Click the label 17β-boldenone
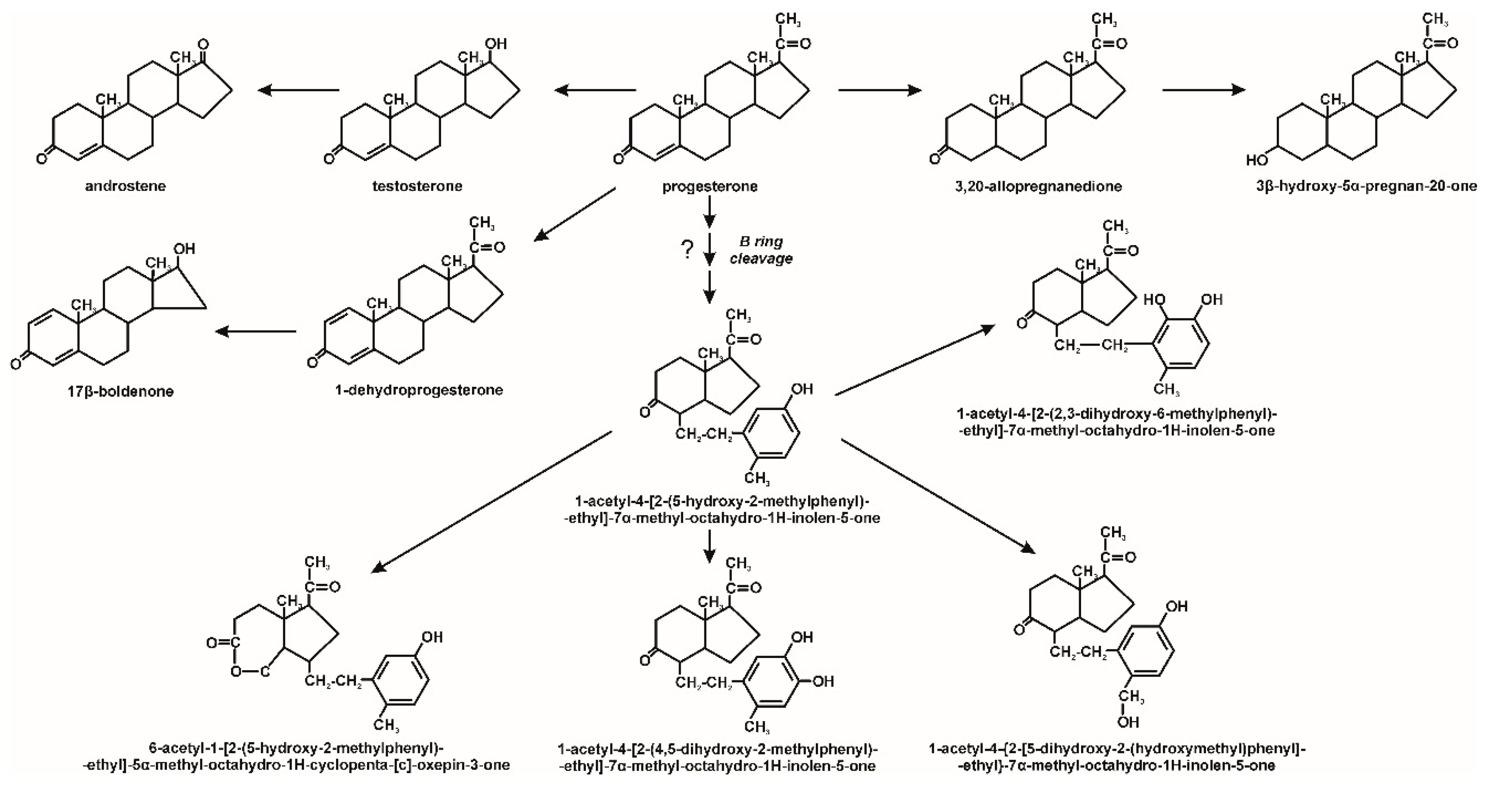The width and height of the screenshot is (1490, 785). pos(120,391)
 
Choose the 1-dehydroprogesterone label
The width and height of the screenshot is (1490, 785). pos(419,390)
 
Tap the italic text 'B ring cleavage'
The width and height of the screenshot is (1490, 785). pos(760,250)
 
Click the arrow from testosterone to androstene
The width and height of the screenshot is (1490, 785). pos(298,90)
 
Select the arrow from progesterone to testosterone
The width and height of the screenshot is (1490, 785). pos(594,90)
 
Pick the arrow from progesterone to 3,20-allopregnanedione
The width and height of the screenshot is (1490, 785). pos(879,90)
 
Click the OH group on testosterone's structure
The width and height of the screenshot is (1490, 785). pos(496,44)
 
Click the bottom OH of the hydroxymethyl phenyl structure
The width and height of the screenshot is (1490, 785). pos(1127,722)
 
